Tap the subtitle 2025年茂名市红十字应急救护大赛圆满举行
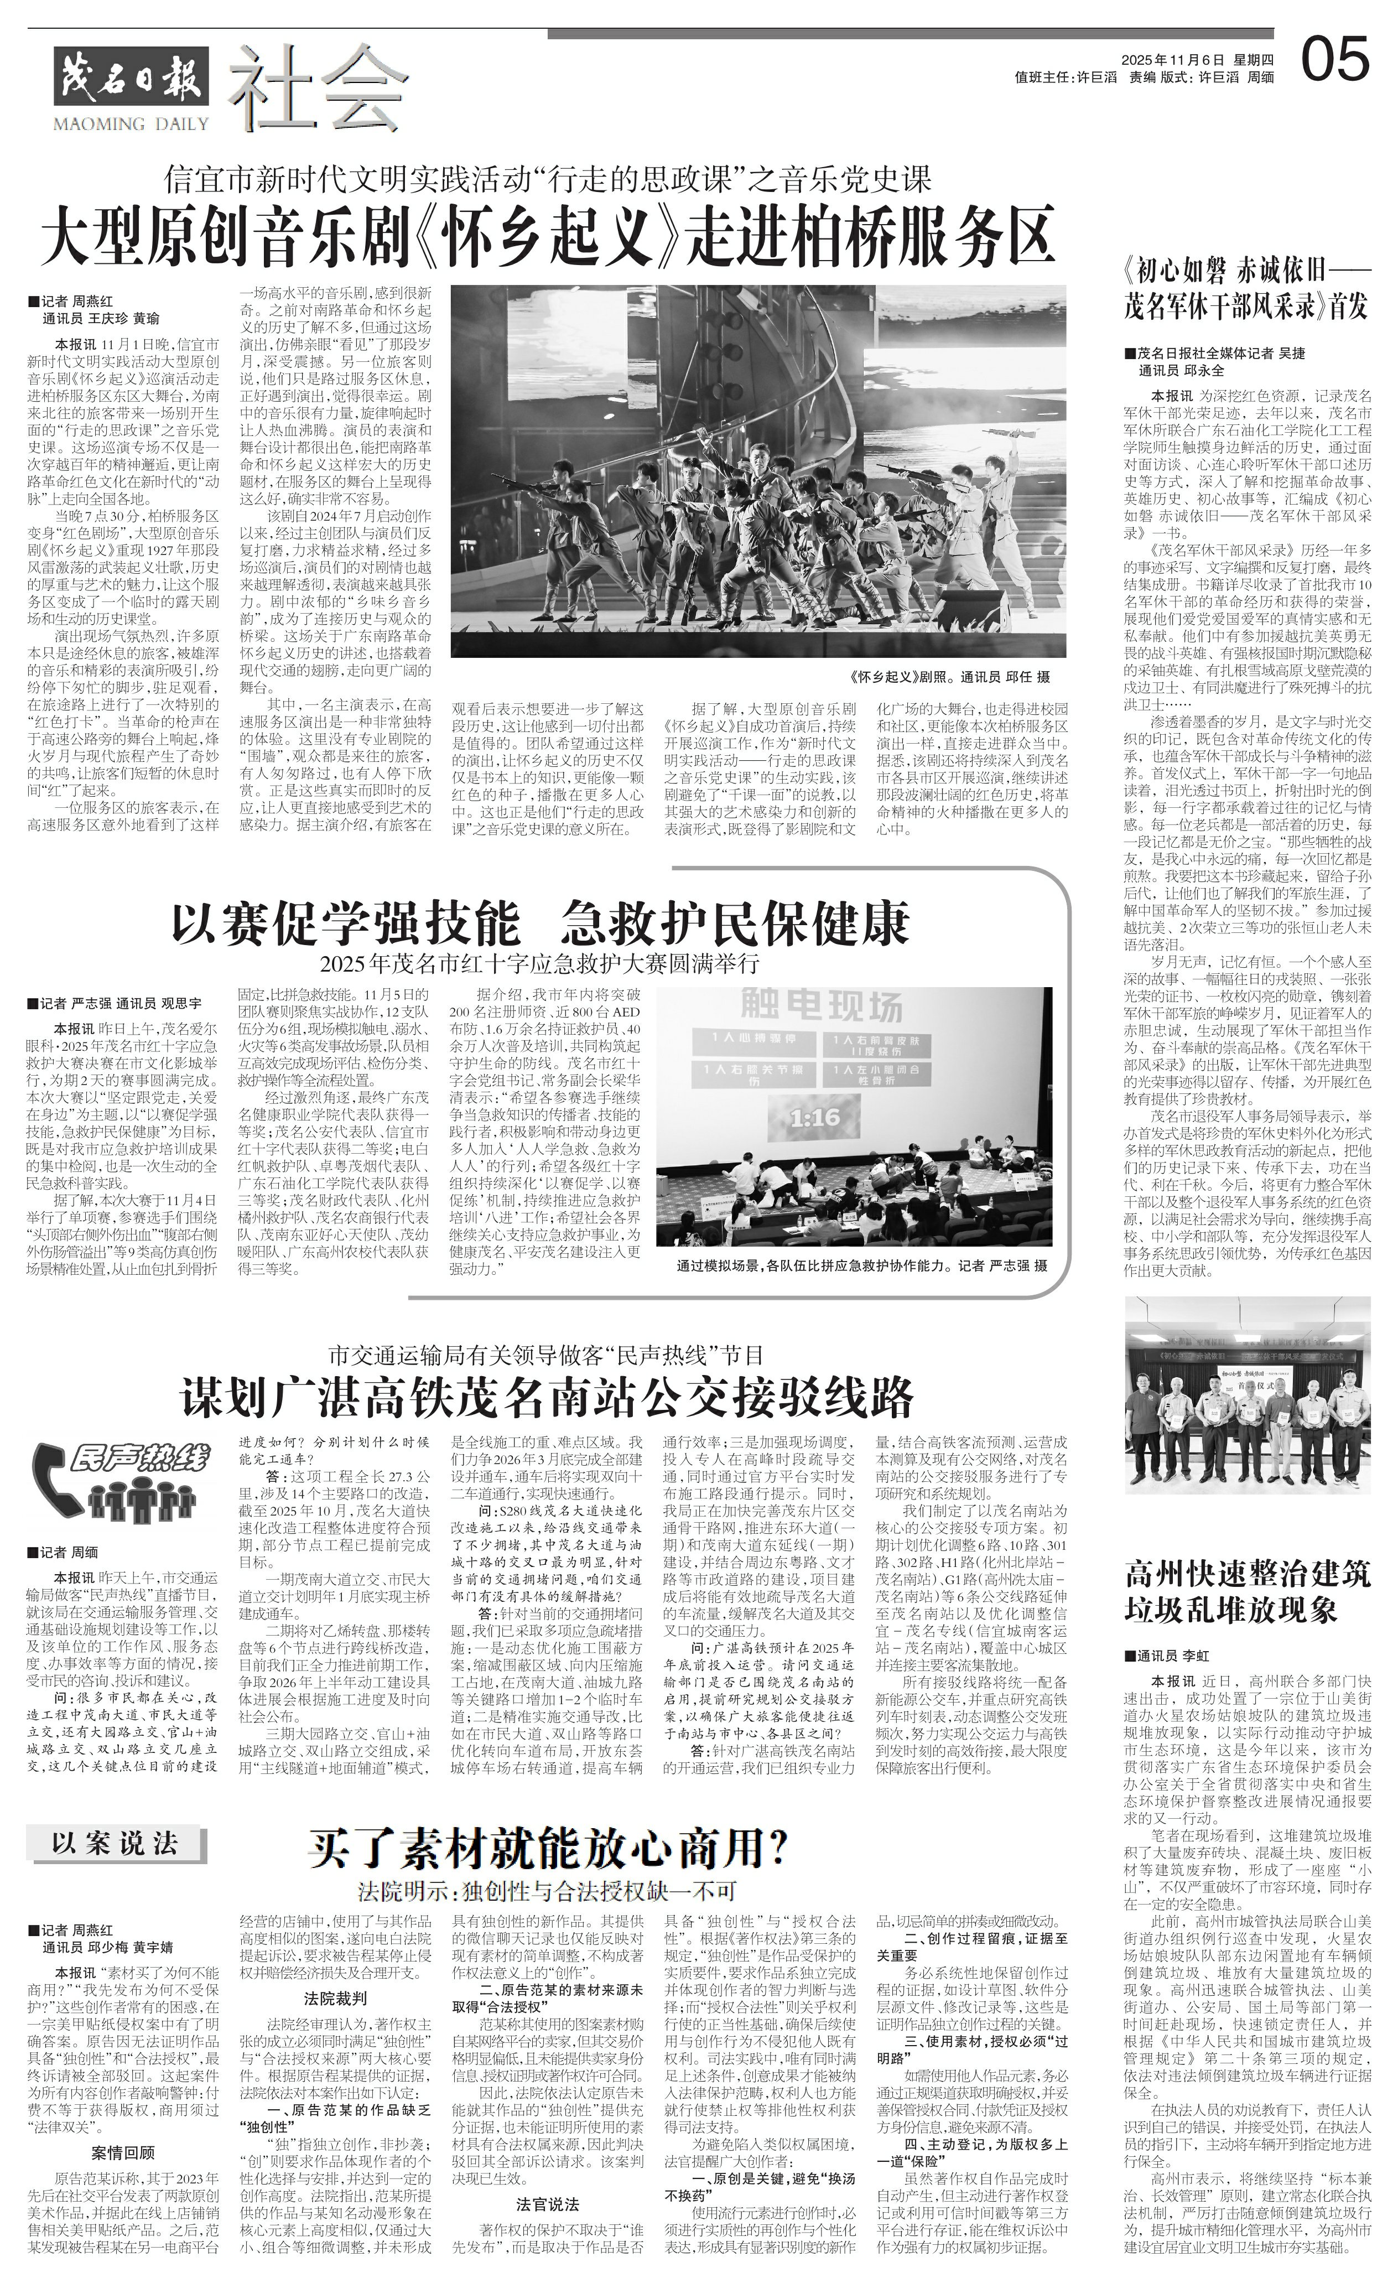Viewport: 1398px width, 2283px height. pyautogui.click(x=539, y=962)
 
